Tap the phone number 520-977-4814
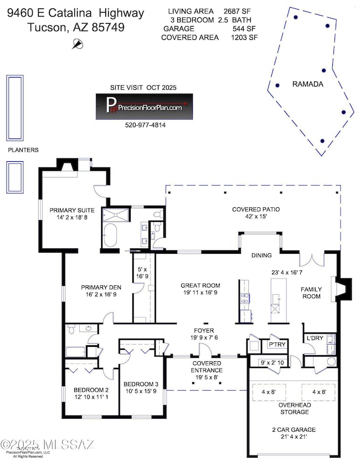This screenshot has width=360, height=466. (146, 125)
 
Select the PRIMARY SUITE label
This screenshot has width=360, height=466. (71, 210)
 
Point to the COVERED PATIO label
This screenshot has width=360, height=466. (255, 209)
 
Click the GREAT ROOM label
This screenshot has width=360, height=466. (197, 286)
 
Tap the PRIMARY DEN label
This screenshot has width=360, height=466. (97, 287)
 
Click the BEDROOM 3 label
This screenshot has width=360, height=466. (141, 384)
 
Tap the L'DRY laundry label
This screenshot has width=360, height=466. (314, 337)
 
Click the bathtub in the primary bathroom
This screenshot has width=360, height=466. (109, 235)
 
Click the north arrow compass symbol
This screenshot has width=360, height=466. (78, 44)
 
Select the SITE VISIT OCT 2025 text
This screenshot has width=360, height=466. (145, 88)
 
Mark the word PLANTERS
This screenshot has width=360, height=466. (23, 150)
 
